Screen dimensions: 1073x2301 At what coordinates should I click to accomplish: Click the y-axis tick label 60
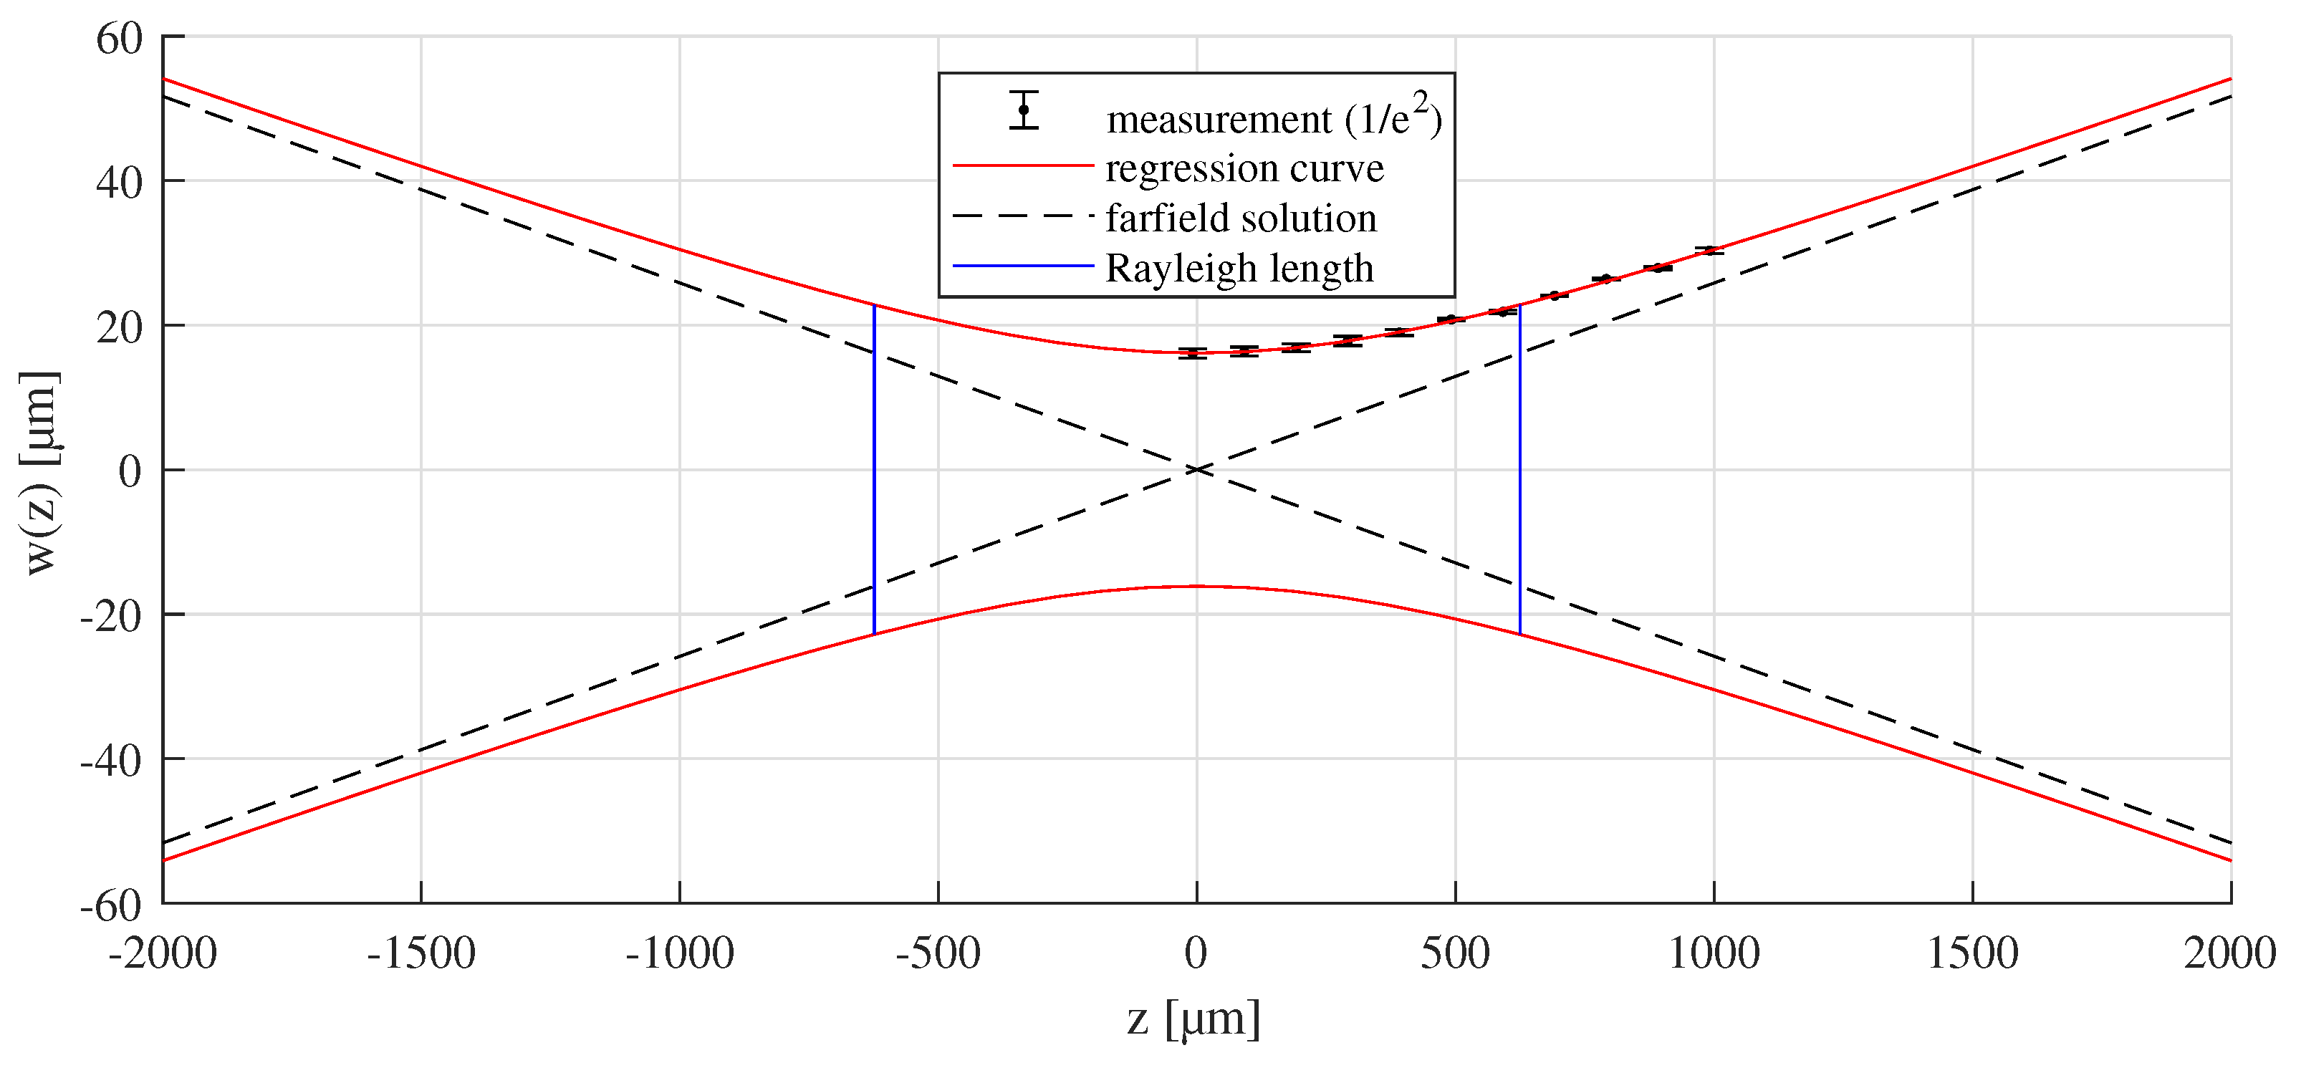(120, 39)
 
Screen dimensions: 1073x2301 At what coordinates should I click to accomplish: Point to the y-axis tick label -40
(111, 761)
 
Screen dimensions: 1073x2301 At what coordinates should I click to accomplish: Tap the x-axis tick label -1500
(421, 953)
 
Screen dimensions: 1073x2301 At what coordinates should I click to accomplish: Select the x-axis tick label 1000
(1714, 953)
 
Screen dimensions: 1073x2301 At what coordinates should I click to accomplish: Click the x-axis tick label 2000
(2229, 953)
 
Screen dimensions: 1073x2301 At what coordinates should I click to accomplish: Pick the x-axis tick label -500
(938, 953)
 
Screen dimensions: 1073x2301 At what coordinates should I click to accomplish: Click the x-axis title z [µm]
(1193, 1019)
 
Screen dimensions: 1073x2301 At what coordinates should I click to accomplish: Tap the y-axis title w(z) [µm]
(41, 473)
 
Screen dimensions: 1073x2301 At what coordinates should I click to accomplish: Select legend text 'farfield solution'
(1241, 218)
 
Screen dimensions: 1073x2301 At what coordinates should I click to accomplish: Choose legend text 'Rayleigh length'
(1239, 268)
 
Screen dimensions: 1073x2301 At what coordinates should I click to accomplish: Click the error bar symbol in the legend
(1024, 110)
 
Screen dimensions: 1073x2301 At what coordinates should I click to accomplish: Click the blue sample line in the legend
(1023, 265)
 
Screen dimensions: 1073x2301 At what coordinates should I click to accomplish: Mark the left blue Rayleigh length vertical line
(873, 470)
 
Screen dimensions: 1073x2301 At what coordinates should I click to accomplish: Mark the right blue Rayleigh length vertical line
(1519, 470)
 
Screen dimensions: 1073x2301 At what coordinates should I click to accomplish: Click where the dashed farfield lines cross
(1197, 470)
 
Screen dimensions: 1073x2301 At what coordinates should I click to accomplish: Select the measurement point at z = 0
(1193, 354)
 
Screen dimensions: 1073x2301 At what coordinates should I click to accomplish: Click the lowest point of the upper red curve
(1197, 352)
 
